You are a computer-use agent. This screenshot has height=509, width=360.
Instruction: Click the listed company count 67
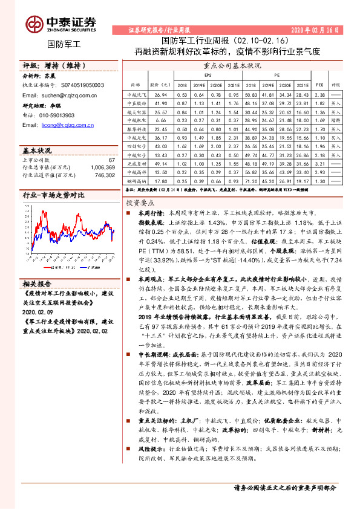click(111, 159)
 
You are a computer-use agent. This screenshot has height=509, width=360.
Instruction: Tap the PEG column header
click(320, 85)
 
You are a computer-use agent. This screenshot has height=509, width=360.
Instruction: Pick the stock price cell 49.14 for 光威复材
click(160, 163)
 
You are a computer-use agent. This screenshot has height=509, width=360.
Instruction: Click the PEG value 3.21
click(320, 163)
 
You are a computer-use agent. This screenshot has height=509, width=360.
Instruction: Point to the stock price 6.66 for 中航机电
click(160, 120)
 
